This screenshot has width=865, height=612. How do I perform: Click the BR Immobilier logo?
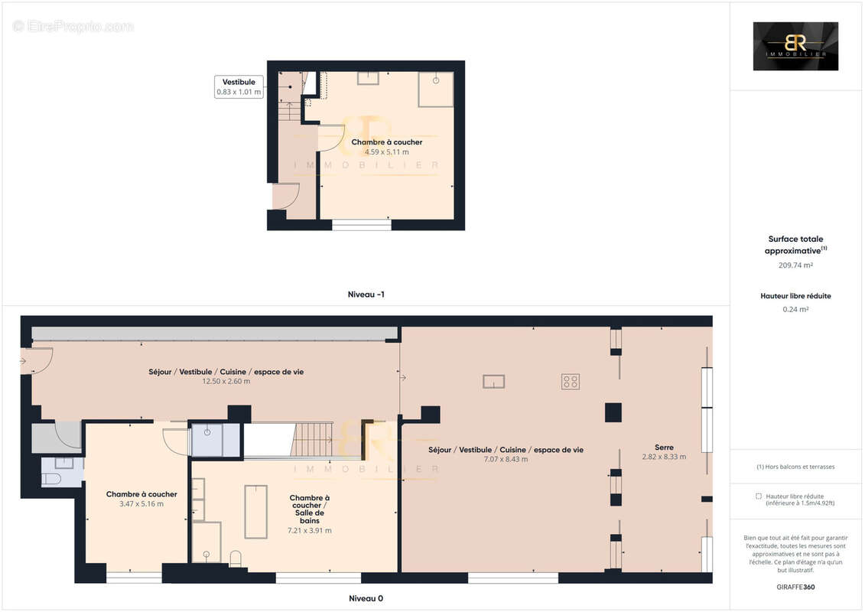coord(795,46)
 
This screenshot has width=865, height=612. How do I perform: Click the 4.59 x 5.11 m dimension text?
coord(386,152)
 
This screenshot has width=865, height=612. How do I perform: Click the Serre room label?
coord(664,447)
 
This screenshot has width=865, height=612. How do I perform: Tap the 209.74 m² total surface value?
coord(795,265)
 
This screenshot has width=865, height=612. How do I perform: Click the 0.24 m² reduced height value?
coord(795,309)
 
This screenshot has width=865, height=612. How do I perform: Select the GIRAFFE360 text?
coord(795,585)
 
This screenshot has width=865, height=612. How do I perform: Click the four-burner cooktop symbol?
coord(571,381)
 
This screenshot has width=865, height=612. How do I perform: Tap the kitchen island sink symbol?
coord(493,381)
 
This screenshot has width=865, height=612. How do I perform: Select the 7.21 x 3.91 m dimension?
coord(310,530)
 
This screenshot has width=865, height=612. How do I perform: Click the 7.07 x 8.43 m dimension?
coord(506,459)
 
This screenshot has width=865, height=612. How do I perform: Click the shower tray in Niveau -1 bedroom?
coord(435,90)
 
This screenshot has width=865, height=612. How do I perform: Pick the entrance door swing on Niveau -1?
coord(281,197)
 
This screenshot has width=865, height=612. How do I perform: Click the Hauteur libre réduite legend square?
coord(758,496)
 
